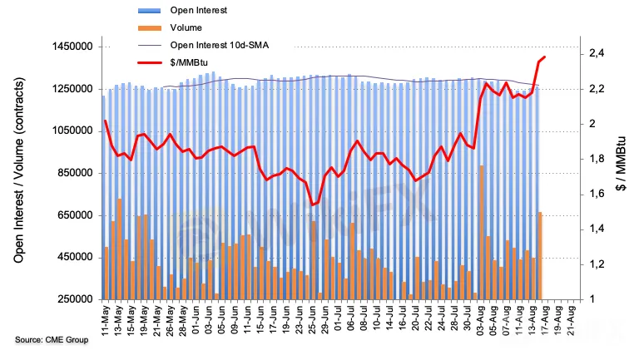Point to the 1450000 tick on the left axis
[71, 47]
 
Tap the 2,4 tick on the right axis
[597, 54]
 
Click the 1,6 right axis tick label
[597, 195]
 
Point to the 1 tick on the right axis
[591, 299]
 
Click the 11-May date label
[106, 320]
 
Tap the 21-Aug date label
[572, 320]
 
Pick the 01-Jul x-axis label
[338, 320]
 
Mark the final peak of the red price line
[544, 57]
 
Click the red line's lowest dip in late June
[313, 205]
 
